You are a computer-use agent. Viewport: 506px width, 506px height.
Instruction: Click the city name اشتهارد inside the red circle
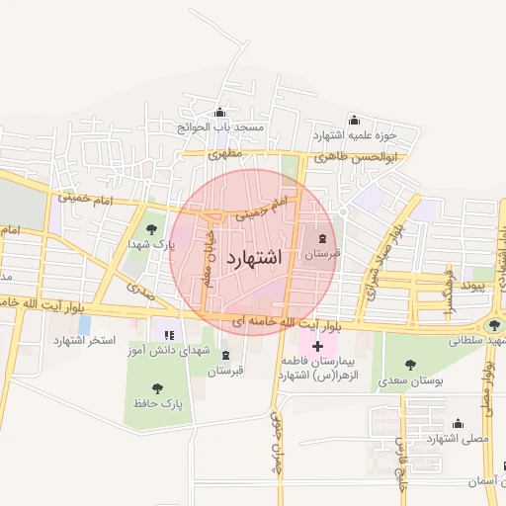click(x=254, y=257)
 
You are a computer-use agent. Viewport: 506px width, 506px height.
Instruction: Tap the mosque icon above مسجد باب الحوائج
click(x=218, y=113)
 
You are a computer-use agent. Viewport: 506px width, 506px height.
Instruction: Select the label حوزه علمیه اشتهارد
click(x=355, y=134)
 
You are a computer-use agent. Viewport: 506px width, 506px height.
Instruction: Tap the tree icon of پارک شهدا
click(x=151, y=228)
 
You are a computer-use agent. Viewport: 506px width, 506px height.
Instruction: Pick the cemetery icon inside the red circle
click(x=321, y=237)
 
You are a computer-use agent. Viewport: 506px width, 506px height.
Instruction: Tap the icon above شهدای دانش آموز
click(x=168, y=335)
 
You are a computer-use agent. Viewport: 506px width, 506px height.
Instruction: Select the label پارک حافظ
click(x=156, y=405)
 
